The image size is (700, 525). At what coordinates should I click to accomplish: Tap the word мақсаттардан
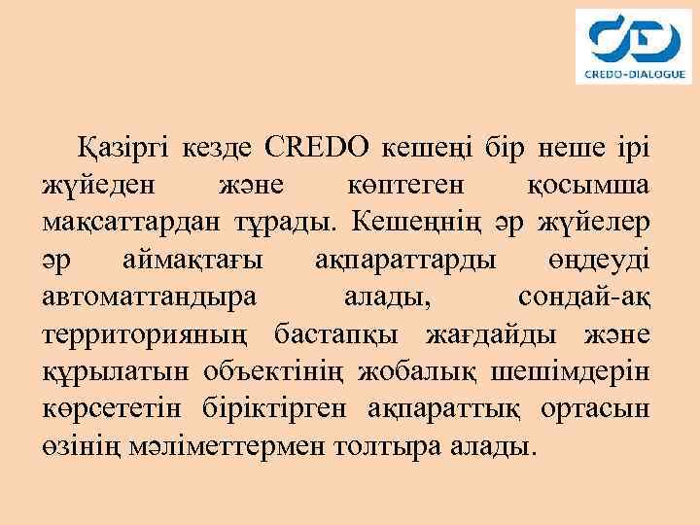click(x=131, y=222)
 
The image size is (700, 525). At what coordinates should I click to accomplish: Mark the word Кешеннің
click(x=415, y=222)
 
